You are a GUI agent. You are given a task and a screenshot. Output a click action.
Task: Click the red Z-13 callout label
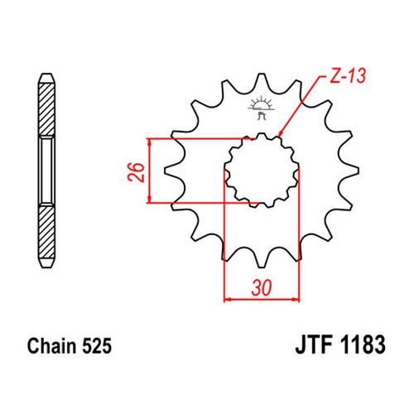coord(348,75)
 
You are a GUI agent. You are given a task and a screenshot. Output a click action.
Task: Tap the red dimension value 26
coord(136,172)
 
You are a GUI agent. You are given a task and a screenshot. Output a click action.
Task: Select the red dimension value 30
coord(262,288)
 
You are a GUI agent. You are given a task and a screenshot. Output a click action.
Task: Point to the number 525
coord(97,345)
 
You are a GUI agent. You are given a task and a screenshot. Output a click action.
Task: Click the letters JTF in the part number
coord(315,344)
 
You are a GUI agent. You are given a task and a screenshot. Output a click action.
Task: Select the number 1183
coord(363,344)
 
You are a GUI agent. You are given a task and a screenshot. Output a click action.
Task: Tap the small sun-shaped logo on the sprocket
coord(262,108)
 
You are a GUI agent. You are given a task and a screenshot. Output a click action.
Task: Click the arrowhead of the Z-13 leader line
coord(280,133)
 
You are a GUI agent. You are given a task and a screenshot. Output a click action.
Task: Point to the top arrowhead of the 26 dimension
coord(150,142)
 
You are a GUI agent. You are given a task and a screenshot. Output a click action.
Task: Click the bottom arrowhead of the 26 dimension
coord(150,200)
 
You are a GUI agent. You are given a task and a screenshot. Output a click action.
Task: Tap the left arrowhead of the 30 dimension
coord(228,299)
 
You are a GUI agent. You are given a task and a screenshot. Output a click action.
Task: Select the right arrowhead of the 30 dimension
coord(296,299)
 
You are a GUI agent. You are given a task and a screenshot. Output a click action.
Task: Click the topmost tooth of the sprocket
coord(262,76)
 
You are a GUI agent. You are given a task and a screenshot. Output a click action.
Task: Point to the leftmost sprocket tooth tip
coord(166,171)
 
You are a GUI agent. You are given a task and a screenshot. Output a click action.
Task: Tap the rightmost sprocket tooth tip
coord(358,171)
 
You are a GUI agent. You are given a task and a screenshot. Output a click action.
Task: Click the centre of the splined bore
coord(262,171)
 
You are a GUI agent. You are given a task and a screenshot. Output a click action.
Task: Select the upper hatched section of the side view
coord(46,108)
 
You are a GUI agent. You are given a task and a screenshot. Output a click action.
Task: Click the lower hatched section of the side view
coord(46,233)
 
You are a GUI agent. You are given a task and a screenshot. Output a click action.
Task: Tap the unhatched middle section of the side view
coord(46,171)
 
